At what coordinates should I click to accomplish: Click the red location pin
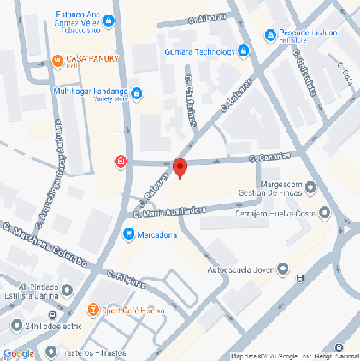[x=180, y=168]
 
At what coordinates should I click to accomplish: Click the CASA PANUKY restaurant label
[x=91, y=59]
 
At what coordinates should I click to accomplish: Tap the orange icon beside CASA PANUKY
[x=57, y=59]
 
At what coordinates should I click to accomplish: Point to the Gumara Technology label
[x=199, y=50]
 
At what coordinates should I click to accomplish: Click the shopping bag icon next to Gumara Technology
[x=244, y=50]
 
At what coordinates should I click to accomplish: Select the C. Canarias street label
[x=269, y=157]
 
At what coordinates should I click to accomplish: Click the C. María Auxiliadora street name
[x=170, y=211]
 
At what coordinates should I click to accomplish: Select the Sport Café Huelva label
[x=133, y=310]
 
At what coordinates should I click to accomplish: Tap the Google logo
[x=19, y=353]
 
